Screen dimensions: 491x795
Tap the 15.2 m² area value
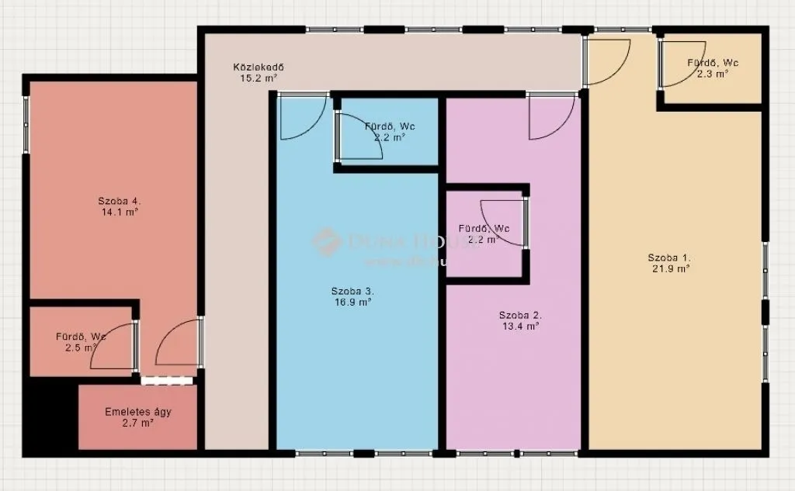[x=255, y=78]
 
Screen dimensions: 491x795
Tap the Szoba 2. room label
[x=520, y=316]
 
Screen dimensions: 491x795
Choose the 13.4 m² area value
[x=520, y=327]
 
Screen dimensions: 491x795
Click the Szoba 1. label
[x=669, y=258]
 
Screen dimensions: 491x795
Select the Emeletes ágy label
[x=138, y=412]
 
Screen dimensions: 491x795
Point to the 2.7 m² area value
[x=138, y=423]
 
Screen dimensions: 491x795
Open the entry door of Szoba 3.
[x=301, y=117]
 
